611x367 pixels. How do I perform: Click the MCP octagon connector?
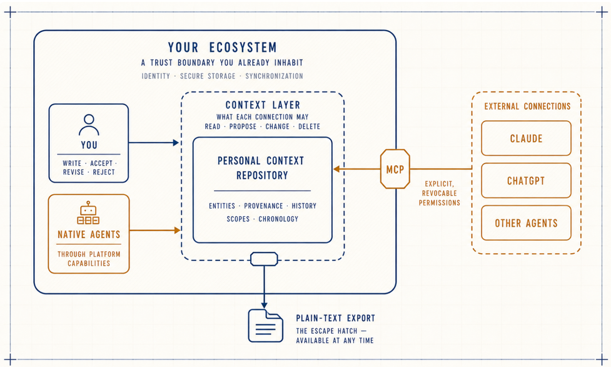pyautogui.click(x=395, y=169)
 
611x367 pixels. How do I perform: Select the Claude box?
pyautogui.click(x=526, y=138)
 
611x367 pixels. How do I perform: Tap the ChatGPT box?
pyautogui.click(x=526, y=180)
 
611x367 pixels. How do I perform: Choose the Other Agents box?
pyautogui.click(x=526, y=222)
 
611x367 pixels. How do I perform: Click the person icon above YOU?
pyautogui.click(x=89, y=125)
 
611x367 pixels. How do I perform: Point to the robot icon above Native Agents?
pyautogui.click(x=88, y=213)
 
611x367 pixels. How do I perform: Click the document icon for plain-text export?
pyautogui.click(x=266, y=326)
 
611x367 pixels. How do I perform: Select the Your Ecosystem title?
pyautogui.click(x=223, y=47)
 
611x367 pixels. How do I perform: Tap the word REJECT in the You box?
pyautogui.click(x=104, y=172)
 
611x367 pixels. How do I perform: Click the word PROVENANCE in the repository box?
pyautogui.click(x=263, y=206)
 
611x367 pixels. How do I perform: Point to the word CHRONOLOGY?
pyautogui.click(x=278, y=219)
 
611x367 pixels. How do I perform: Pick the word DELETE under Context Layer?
pyautogui.click(x=309, y=127)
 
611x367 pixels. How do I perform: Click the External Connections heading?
pyautogui.click(x=527, y=106)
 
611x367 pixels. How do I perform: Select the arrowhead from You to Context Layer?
pyautogui.click(x=176, y=143)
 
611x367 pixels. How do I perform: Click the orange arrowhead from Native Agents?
pyautogui.click(x=178, y=230)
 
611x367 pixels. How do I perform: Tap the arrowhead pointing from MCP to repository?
pyautogui.click(x=336, y=169)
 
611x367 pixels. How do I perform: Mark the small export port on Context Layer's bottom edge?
pyautogui.click(x=264, y=259)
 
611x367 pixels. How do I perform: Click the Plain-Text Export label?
pyautogui.click(x=335, y=318)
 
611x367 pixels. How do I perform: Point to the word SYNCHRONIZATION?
pyautogui.click(x=274, y=76)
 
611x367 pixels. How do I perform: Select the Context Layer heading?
pyautogui.click(x=263, y=105)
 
